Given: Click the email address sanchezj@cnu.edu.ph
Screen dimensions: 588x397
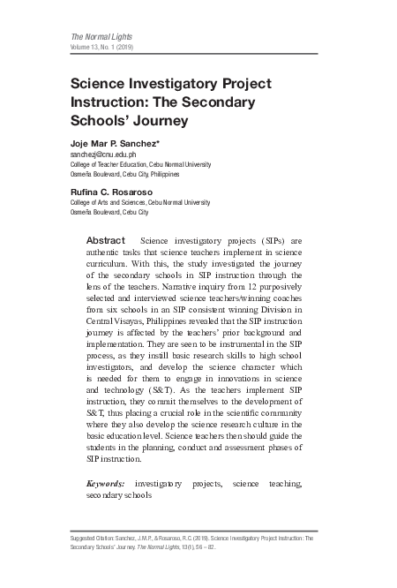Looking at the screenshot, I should point(103,155).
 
